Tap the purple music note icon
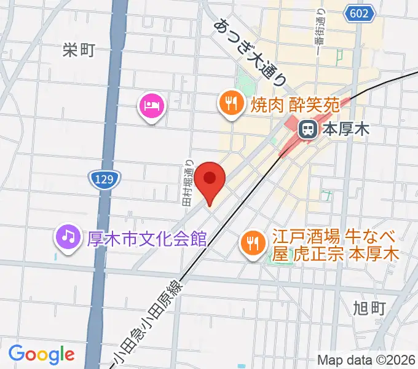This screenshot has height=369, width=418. [x=68, y=236]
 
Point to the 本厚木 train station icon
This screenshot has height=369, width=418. [x=307, y=129]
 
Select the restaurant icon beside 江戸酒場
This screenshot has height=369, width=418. [x=252, y=240]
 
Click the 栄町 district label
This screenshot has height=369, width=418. [x=79, y=50]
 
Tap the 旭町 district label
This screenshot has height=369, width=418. [x=370, y=307]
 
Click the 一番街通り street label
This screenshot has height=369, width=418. [x=319, y=30]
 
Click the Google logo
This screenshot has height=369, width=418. [x=42, y=354]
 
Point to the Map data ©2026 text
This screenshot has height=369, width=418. [x=366, y=360]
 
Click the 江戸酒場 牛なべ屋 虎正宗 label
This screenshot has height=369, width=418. [x=336, y=245]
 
